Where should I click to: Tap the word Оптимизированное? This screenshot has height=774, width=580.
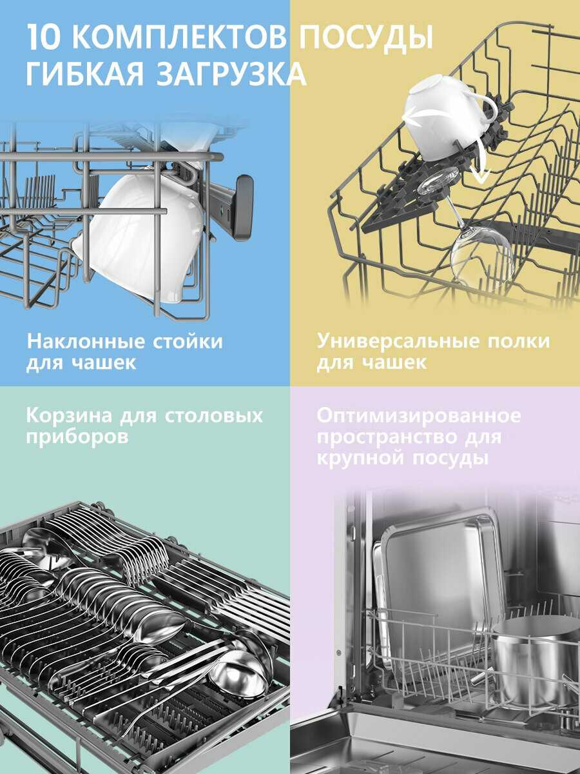point(418,415)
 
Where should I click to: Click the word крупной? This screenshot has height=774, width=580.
point(361,459)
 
